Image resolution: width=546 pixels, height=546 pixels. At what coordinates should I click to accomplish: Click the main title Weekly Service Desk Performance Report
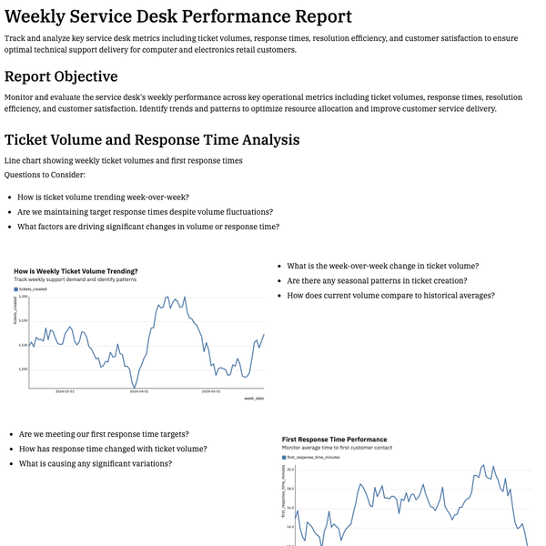(x=177, y=16)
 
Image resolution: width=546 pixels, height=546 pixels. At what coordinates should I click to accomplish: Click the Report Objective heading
(x=61, y=76)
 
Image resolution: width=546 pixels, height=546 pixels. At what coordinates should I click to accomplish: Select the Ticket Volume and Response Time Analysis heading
(x=152, y=139)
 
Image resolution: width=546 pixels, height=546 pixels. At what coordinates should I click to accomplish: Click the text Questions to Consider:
(x=45, y=174)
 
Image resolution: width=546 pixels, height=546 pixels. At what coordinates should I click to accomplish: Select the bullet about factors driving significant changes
(x=148, y=227)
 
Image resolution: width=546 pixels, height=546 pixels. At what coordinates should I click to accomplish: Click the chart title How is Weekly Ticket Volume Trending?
(x=76, y=271)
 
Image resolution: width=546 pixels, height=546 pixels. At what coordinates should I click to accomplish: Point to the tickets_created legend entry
(x=32, y=288)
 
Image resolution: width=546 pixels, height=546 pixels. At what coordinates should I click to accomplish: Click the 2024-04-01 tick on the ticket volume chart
(x=138, y=392)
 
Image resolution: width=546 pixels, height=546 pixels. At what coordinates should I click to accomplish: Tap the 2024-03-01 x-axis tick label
(x=66, y=392)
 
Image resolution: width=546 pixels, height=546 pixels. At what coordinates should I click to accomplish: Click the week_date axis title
(x=254, y=399)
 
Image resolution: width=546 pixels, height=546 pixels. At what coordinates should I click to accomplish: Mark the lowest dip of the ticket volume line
(x=134, y=386)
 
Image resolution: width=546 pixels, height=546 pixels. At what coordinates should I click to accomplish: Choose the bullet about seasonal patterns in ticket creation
(x=377, y=280)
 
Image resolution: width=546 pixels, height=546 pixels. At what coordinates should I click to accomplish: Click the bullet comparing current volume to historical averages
(x=391, y=295)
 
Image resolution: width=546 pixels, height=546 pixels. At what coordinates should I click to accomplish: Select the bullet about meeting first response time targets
(x=110, y=434)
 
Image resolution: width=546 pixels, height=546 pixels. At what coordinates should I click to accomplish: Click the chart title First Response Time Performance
(x=334, y=440)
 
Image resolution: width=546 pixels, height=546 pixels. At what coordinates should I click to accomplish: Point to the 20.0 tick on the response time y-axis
(x=289, y=469)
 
